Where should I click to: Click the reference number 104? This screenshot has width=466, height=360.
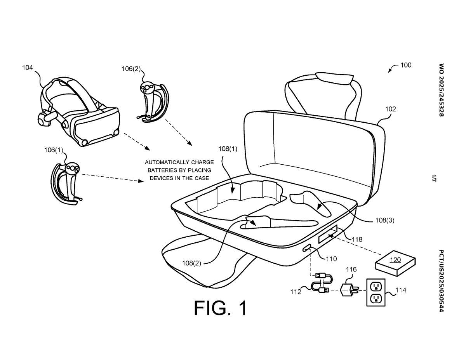(28, 68)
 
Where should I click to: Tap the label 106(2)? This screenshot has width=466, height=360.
(131, 69)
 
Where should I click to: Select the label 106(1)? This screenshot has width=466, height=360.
(54, 150)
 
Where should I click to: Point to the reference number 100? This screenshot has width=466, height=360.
(406, 65)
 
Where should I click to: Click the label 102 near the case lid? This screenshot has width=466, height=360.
(391, 109)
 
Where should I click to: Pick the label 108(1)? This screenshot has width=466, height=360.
(228, 149)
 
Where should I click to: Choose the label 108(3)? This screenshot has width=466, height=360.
(385, 220)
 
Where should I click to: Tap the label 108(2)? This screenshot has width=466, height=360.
(191, 263)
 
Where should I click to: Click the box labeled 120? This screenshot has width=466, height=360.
(395, 263)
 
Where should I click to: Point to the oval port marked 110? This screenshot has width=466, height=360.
(306, 248)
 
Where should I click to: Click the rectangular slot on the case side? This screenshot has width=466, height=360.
(327, 234)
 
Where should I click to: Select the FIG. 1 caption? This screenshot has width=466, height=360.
(221, 308)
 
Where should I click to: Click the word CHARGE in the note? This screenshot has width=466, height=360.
(202, 162)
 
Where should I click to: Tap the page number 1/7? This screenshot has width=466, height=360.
(434, 178)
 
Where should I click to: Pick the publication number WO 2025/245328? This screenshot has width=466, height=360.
(441, 90)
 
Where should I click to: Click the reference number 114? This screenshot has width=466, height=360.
(401, 290)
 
